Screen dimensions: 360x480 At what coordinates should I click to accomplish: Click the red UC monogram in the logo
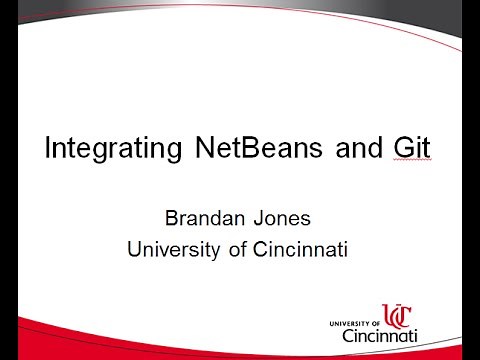[398, 315]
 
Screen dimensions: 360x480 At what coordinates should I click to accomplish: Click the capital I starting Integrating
[48, 150]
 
